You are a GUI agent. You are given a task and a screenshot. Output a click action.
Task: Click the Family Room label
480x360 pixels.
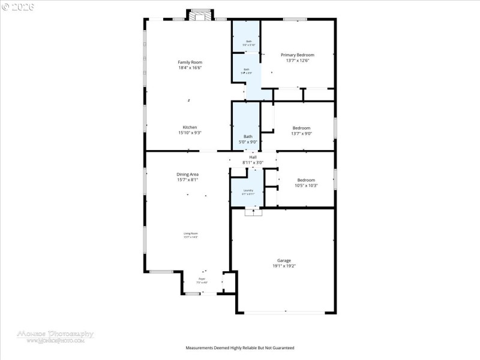click(190, 62)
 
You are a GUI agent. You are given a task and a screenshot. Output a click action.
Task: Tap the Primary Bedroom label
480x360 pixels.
click(298, 55)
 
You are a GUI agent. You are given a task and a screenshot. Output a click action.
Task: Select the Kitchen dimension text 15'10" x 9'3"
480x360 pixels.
click(190, 133)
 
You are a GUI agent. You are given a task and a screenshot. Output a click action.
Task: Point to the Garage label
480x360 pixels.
click(284, 260)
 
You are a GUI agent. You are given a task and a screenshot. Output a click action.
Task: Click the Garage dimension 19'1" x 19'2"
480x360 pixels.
click(284, 266)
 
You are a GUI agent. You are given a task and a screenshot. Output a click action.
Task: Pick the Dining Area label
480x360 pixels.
click(187, 174)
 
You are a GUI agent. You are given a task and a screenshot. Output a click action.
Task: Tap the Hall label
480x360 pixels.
click(253, 157)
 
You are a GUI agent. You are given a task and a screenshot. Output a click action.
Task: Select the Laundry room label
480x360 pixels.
click(248, 191)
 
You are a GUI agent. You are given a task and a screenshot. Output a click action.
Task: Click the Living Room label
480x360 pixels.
click(191, 233)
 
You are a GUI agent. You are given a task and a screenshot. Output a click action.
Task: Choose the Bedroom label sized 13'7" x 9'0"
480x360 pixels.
click(301, 128)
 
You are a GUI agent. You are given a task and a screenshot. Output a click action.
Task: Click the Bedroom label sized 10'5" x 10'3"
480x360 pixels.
click(306, 180)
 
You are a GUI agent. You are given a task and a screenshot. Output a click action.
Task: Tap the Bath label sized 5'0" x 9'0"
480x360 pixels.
click(248, 136)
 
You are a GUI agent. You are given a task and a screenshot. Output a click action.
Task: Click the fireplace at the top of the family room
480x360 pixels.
click(200, 15)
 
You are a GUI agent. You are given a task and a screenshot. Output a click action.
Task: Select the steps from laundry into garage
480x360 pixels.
click(253, 212)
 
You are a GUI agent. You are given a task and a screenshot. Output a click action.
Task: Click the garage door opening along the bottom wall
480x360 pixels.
click(286, 312)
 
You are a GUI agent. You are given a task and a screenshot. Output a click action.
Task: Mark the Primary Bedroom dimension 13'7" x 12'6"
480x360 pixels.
click(298, 61)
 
